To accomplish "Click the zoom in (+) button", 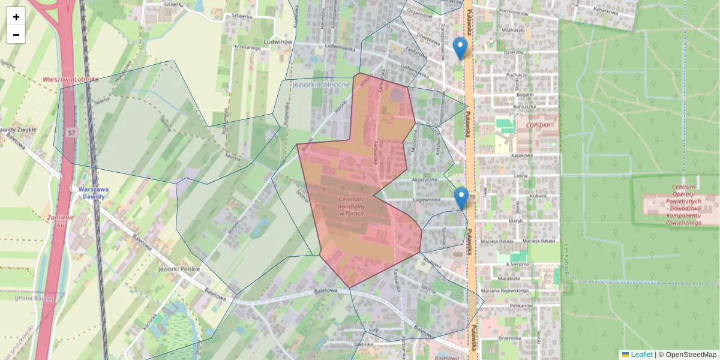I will coord(16,17).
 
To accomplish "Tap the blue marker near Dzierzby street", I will coord(460,47).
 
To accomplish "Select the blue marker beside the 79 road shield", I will coord(461,197).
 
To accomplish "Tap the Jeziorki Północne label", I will coord(320,85).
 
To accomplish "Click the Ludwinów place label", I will coord(278,42).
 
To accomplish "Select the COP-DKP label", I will coord(539,125).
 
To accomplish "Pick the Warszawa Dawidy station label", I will coord(94,192).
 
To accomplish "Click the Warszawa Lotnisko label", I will coord(70,79).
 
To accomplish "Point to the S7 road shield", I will coord(72,132).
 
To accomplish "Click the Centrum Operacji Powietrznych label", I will coord(675,205).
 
